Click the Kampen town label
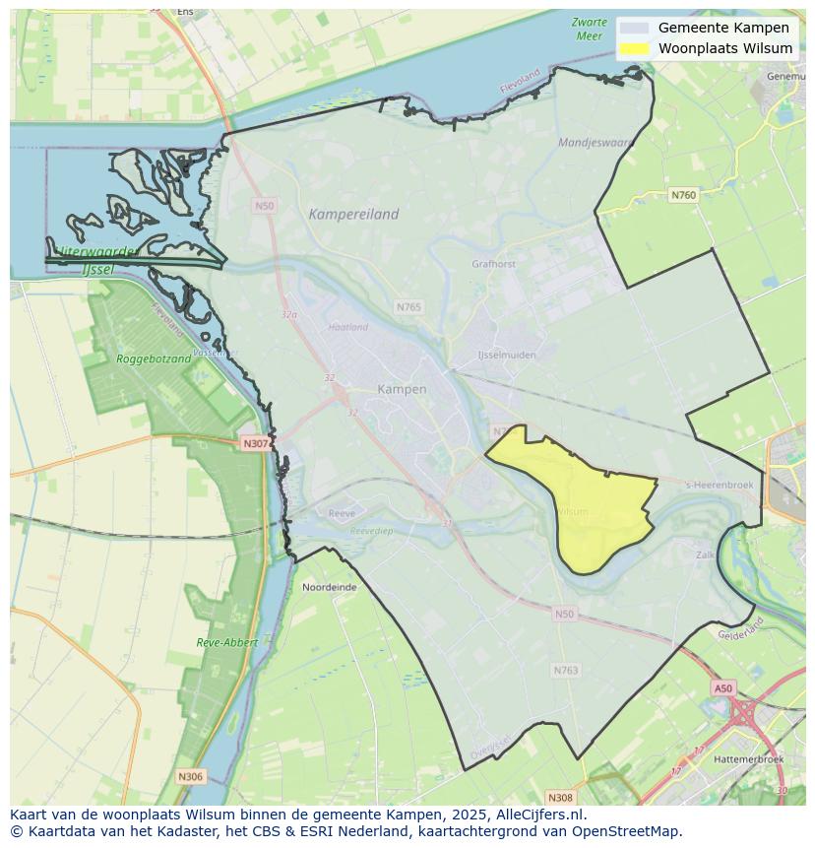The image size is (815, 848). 402,389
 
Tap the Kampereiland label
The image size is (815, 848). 353,214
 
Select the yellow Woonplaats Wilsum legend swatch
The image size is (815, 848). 635,48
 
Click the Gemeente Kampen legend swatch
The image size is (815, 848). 635,28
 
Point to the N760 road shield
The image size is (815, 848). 683,195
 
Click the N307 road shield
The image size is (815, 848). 255,443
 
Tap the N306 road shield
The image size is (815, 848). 190,777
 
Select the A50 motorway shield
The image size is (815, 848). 723,688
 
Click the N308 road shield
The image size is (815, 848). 560,797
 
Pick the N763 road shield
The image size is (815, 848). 566,670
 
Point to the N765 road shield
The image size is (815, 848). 408,307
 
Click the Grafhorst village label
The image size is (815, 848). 493,264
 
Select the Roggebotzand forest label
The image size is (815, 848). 154,359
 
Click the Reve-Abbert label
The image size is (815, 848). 227,642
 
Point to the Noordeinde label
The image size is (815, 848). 330,587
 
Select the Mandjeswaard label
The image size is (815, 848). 596,142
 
